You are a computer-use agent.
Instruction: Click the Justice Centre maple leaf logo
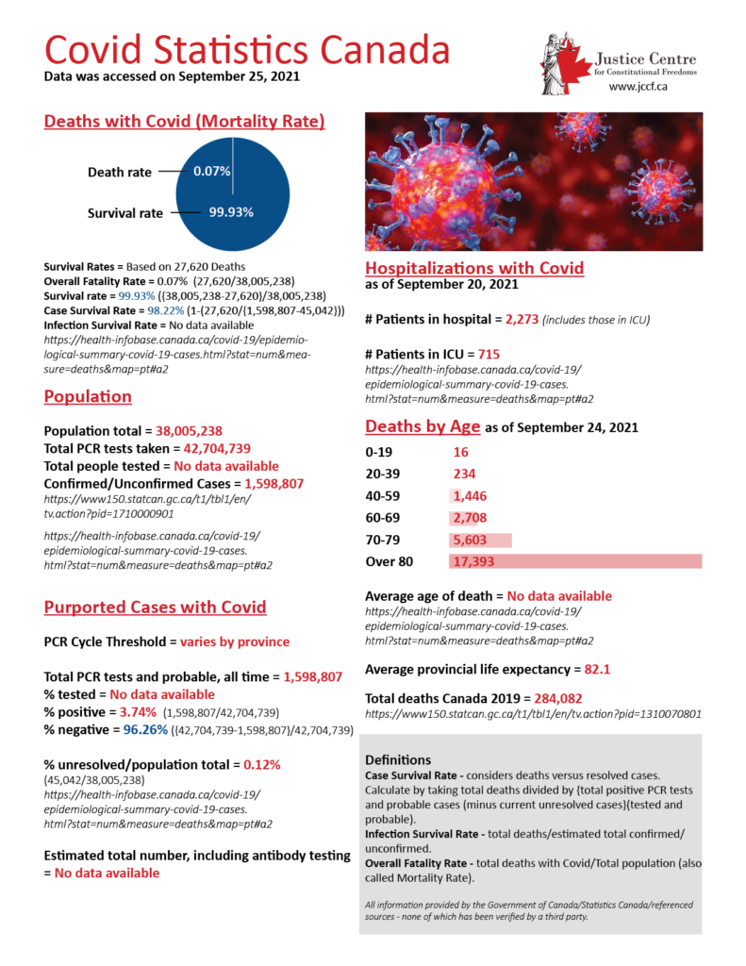567,63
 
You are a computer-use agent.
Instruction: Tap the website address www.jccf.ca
640,86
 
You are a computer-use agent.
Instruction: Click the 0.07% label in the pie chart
208,172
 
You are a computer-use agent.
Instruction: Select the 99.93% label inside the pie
231,212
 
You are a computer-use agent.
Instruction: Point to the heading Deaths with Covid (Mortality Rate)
185,122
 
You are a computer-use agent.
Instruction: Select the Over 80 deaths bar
576,561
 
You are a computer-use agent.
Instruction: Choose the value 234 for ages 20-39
464,475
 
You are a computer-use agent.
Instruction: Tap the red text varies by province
235,641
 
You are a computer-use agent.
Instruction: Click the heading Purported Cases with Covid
156,607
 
